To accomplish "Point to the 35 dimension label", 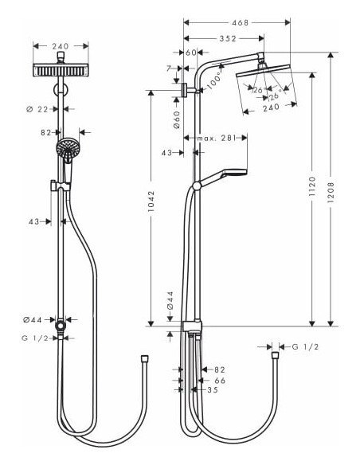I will pos(212,390).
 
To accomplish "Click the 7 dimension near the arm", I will pos(168,68).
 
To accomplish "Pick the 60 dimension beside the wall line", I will pos(190,52).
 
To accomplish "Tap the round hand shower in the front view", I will pos(68,148).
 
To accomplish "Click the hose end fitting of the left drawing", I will pos(144,361).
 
